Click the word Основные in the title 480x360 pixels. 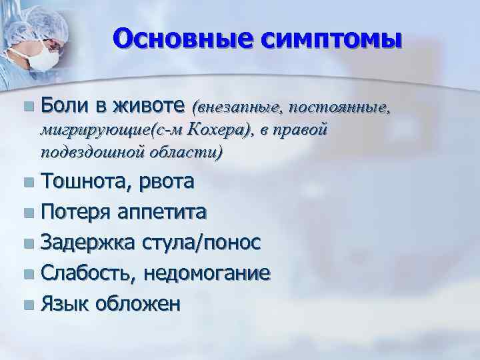(180, 39)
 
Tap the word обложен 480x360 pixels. (138, 305)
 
